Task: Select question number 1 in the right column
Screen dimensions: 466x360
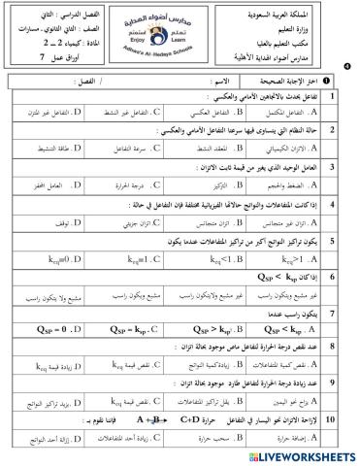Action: tap(332, 98)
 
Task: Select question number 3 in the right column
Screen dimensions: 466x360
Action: tap(332, 166)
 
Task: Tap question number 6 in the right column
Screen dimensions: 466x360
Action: tap(332, 276)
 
